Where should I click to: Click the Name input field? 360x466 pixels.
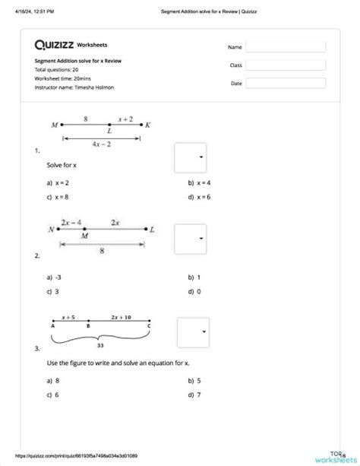(285, 47)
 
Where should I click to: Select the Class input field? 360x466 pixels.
(285, 65)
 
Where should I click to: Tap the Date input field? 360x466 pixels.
(285, 84)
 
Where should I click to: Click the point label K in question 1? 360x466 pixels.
(148, 124)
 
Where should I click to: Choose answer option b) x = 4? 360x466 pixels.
(199, 183)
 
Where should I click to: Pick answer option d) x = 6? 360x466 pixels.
(199, 198)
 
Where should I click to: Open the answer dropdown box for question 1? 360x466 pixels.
(190, 157)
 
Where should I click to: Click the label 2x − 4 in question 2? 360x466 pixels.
(73, 222)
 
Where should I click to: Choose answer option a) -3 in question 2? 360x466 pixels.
(54, 277)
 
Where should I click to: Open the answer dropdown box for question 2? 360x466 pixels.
(190, 239)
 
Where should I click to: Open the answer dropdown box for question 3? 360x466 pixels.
(193, 332)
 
